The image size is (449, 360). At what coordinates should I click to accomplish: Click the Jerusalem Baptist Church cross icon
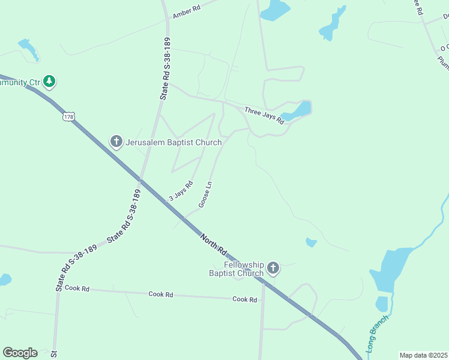tap(116, 142)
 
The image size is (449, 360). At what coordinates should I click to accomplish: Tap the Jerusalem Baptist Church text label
tap(173, 143)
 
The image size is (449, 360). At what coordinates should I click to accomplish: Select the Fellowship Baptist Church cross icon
tap(273, 268)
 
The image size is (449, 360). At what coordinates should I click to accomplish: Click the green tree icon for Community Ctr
tap(50, 81)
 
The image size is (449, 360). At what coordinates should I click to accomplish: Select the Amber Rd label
tap(186, 10)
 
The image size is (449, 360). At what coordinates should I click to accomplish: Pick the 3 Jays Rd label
tap(181, 191)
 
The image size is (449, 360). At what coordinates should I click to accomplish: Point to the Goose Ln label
tap(206, 195)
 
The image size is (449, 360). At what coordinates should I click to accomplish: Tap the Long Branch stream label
tap(377, 333)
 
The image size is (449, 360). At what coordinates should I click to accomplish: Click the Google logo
tap(20, 353)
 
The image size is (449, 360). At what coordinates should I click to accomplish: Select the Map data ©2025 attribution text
tap(423, 355)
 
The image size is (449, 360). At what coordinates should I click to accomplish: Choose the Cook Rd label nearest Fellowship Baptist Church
tap(244, 299)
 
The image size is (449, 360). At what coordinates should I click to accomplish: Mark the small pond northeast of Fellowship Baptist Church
tap(311, 242)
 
